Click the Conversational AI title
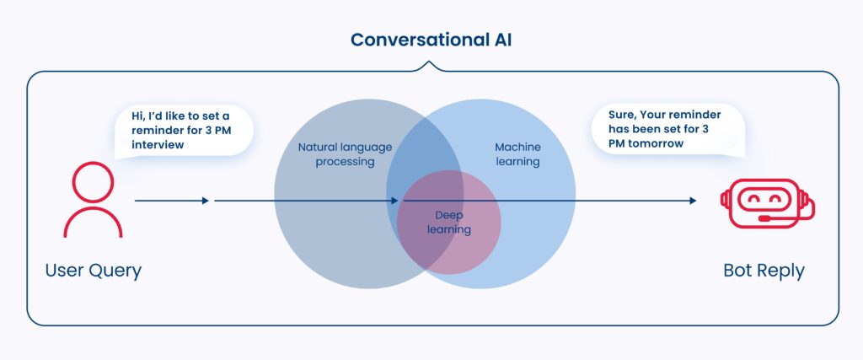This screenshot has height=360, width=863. click(431, 40)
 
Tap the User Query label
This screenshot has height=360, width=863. click(93, 271)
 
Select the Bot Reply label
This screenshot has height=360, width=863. click(764, 271)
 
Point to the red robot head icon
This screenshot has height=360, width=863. click(766, 203)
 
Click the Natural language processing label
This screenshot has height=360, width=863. click(345, 154)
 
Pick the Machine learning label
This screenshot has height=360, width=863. click(517, 154)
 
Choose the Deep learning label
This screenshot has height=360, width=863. click(448, 223)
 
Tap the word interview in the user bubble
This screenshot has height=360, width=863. click(157, 145)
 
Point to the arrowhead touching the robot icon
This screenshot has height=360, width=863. click(693, 201)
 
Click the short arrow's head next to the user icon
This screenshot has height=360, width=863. click(205, 201)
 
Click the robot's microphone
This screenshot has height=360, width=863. click(764, 218)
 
